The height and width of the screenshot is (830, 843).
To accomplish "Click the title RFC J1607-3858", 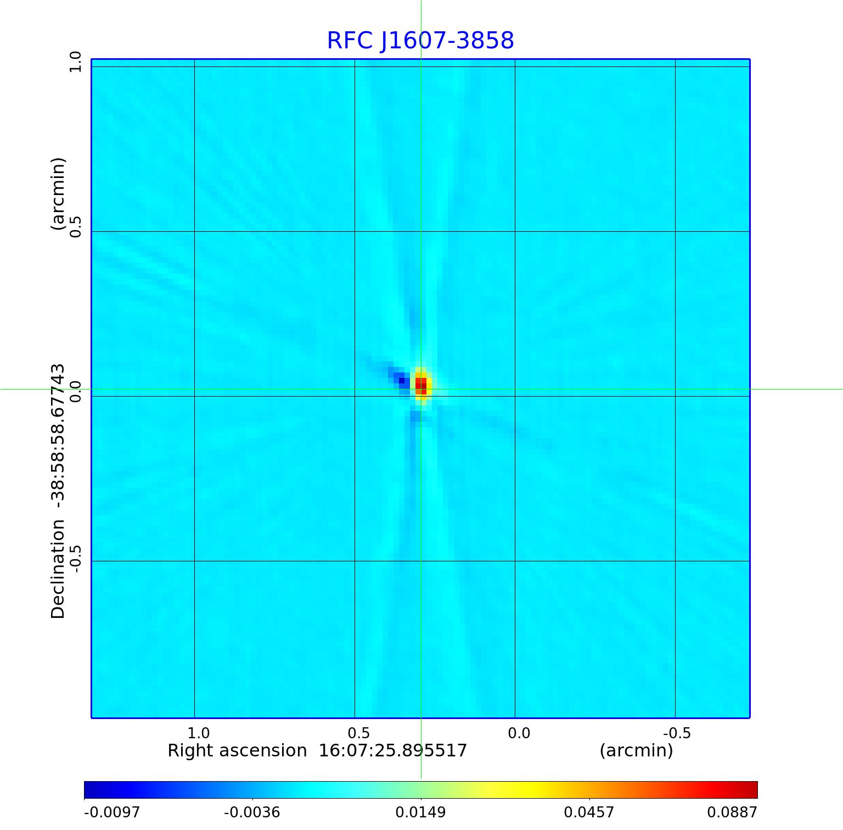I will [x=420, y=41].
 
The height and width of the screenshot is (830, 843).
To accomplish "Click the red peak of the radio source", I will [x=421, y=385].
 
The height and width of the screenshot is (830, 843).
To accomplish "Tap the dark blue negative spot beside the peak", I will [x=402, y=380].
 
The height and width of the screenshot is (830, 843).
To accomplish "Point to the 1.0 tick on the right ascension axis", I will [x=198, y=733].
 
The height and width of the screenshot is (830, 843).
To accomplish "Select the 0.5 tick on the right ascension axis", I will [x=358, y=733].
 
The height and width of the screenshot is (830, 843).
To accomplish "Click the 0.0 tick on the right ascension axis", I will [x=519, y=733].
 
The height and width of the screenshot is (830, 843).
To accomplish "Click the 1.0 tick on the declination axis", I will [x=75, y=62].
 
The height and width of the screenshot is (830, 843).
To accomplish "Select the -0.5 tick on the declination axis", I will [x=75, y=558].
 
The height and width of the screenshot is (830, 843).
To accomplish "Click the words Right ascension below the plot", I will [x=237, y=750].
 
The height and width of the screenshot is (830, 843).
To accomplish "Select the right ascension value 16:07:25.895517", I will [x=393, y=750].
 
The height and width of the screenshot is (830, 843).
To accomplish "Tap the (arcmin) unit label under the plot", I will [x=636, y=750].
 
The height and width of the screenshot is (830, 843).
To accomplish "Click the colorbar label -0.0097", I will [x=112, y=812].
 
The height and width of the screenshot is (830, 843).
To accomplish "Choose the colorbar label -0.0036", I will [x=252, y=812].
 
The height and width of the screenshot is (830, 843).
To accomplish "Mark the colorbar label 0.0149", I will [x=421, y=812].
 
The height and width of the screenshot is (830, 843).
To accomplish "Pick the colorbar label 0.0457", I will [x=589, y=812].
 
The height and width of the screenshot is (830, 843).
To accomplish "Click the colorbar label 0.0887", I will [x=732, y=812].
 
